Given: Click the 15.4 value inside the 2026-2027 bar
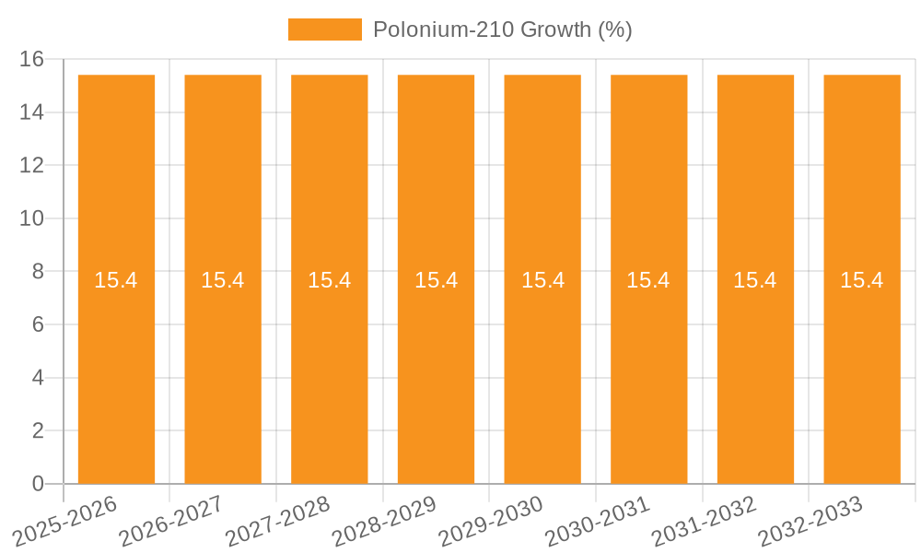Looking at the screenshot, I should (x=223, y=280).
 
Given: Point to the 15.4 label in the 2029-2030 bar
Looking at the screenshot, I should (x=542, y=280).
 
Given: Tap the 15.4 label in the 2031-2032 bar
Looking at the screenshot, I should (x=755, y=280).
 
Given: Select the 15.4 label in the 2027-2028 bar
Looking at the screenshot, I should (x=329, y=280).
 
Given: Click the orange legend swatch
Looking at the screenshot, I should (x=324, y=29).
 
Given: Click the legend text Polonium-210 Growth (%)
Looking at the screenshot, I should (x=502, y=29).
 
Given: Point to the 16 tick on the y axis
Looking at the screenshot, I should (x=32, y=60).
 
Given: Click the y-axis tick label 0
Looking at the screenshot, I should (x=38, y=484).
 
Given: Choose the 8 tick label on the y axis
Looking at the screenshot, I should (x=38, y=272).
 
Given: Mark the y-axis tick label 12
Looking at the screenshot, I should (x=32, y=166).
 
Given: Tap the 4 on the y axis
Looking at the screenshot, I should (x=38, y=378).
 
